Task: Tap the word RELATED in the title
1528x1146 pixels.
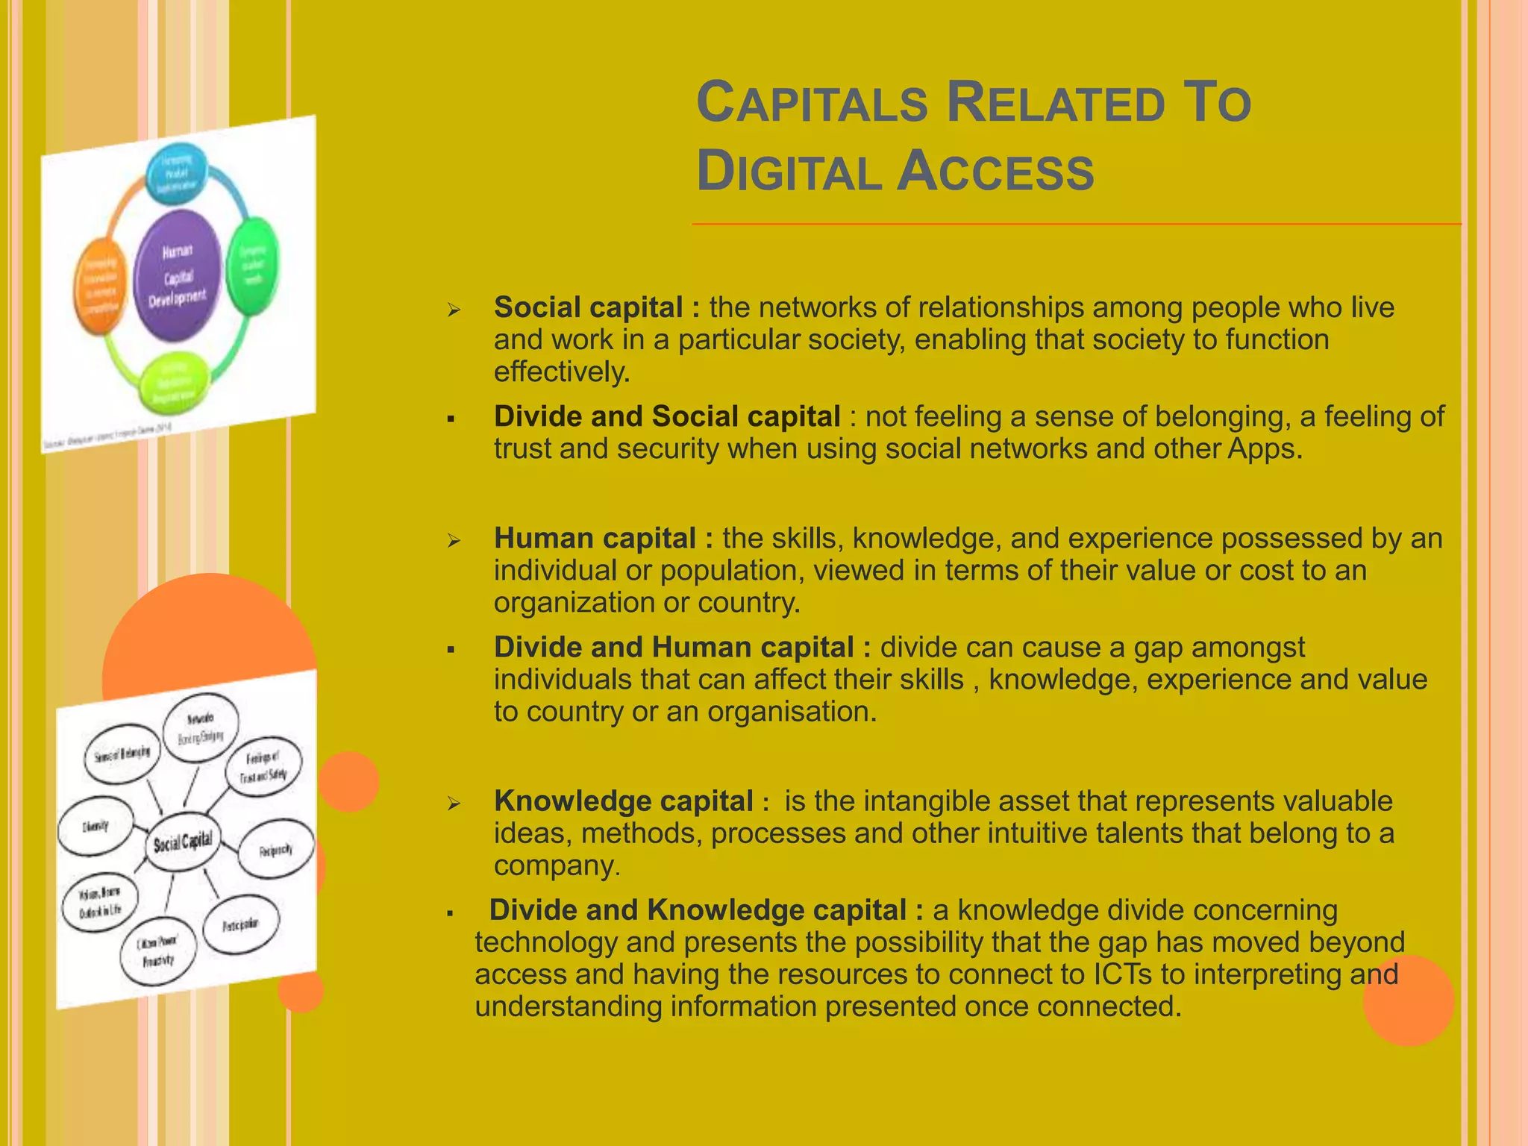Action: (1055, 103)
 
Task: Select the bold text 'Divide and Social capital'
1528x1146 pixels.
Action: (667, 416)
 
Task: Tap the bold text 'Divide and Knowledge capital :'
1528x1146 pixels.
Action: (706, 910)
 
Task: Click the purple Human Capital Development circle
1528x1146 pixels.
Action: (178, 275)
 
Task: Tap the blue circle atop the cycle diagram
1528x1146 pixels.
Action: (176, 172)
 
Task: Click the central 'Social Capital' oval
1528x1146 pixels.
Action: (183, 842)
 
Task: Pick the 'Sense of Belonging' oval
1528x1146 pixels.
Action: (122, 754)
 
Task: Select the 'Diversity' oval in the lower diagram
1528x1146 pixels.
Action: (95, 826)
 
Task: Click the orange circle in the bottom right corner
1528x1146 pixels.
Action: (1408, 1000)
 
